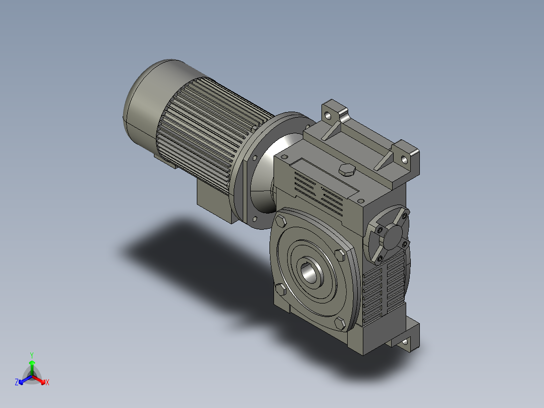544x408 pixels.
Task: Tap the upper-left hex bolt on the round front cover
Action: (x=281, y=221)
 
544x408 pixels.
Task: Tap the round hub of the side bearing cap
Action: (x=392, y=236)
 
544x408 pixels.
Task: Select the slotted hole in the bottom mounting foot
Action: (x=405, y=343)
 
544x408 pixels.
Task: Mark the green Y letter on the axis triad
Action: (x=31, y=355)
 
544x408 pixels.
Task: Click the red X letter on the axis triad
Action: (x=47, y=383)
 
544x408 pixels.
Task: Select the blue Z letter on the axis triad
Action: (x=17, y=382)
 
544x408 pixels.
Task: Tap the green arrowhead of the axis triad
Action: (x=32, y=363)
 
